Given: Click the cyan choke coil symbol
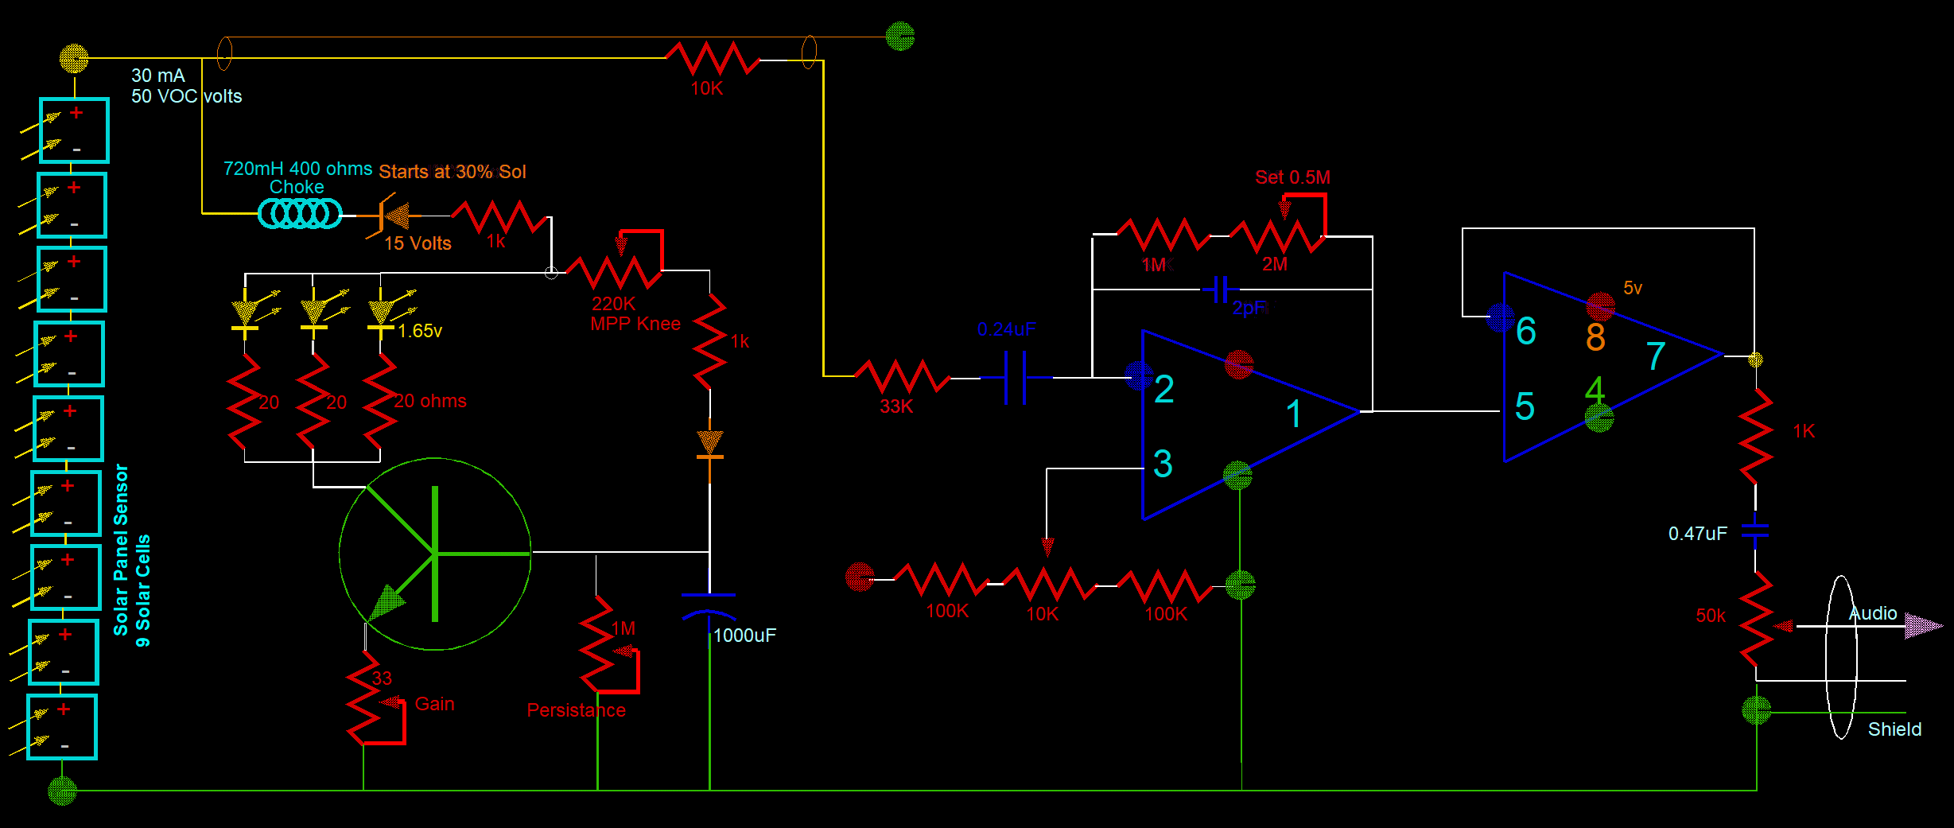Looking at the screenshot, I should point(300,213).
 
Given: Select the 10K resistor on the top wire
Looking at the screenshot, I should point(713,58).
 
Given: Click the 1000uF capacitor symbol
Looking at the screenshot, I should point(709,605).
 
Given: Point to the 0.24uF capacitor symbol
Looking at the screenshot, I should point(1016,378).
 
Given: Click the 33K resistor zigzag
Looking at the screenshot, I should point(902,376).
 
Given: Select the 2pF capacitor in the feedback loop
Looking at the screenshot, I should point(1221,290).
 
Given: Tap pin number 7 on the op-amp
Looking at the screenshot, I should point(1656,356).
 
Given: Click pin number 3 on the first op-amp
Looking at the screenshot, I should point(1163,464).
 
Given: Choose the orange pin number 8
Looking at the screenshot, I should point(1595,337).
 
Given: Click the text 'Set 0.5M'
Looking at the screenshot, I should point(1292,177).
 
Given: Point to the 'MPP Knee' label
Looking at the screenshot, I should point(635,324).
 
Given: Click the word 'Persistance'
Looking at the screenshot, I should point(576,710).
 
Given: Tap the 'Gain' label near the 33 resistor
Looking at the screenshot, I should point(434,704).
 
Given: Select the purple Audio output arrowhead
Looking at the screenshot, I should point(1923,626).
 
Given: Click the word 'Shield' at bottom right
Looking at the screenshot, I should point(1894,729).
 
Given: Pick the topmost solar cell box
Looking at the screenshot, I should point(74,130).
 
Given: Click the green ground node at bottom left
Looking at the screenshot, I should point(62,791).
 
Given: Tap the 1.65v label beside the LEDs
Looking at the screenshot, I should point(420,331).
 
